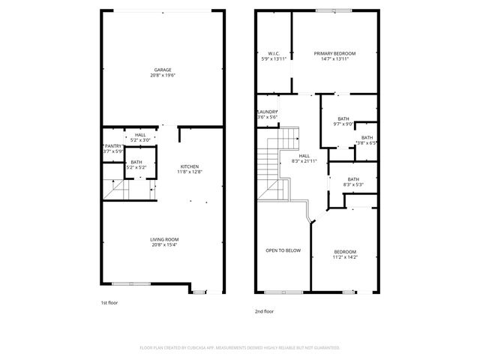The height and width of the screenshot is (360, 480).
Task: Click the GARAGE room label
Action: (x=163, y=69)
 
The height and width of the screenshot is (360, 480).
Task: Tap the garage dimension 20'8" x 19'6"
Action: (x=163, y=74)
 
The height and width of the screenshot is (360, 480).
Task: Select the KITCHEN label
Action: (x=190, y=166)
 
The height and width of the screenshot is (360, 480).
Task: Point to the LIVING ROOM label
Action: (x=163, y=239)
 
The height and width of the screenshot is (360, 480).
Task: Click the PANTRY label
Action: (x=112, y=146)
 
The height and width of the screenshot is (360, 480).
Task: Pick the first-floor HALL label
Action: (x=140, y=134)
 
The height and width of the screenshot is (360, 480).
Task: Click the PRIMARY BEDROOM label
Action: (x=334, y=53)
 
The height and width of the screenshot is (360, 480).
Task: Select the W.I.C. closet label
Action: (x=274, y=53)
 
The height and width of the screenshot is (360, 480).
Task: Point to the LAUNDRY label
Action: (x=268, y=112)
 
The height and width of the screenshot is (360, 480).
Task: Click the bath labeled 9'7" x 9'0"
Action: (x=343, y=118)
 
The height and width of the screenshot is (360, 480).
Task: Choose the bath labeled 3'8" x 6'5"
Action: (x=367, y=138)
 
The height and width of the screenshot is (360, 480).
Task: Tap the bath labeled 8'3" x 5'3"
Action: (x=353, y=179)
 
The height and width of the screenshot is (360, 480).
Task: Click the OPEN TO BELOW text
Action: (x=283, y=250)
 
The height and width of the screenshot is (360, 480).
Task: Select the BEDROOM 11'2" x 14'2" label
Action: (x=345, y=252)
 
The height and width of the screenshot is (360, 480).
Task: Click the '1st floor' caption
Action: (x=109, y=302)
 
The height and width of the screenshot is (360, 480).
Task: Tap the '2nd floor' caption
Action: (x=264, y=310)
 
